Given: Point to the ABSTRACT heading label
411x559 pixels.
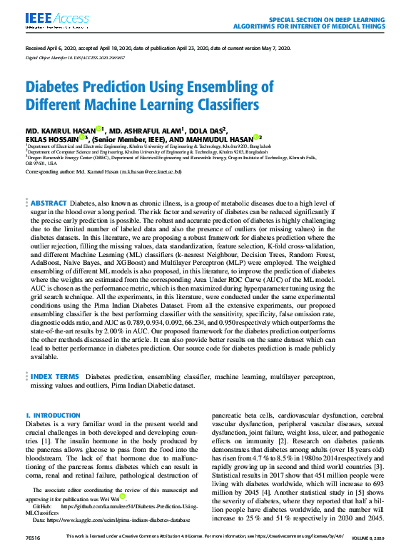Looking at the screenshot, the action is (x=49, y=203).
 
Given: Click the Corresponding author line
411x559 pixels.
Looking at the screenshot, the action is (x=103, y=172).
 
